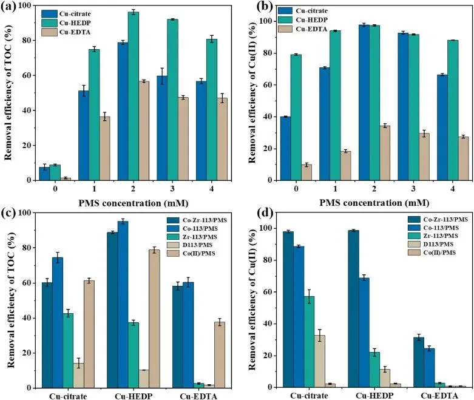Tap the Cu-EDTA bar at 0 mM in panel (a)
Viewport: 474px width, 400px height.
tap(66, 178)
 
